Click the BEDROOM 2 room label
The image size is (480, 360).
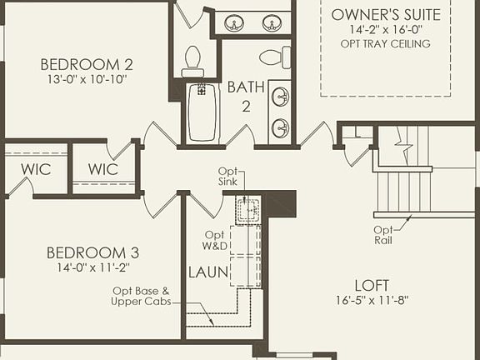(x=87, y=63)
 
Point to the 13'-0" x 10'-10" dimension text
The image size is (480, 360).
(x=87, y=80)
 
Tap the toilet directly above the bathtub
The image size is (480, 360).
(x=192, y=60)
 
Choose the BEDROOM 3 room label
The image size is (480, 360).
(x=92, y=252)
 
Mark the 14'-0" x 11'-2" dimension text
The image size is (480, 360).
(x=92, y=268)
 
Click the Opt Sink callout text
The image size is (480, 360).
(x=228, y=177)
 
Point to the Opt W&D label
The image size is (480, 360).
(x=215, y=240)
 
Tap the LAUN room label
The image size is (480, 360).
(x=204, y=272)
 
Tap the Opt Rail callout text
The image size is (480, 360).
(x=382, y=235)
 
